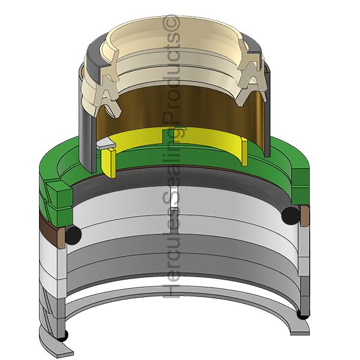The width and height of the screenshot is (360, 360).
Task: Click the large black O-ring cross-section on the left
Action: click(x=73, y=235)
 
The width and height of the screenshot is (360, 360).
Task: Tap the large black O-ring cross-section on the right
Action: click(x=290, y=215)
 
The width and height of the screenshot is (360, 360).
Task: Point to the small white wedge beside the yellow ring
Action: click(x=106, y=143)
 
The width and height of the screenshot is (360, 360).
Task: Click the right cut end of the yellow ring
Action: click(x=245, y=152)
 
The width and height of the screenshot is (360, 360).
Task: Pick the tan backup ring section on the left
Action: click(x=61, y=238)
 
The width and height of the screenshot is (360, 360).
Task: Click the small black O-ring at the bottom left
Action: click(x=63, y=336)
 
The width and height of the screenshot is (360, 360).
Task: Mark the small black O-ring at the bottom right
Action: click(x=303, y=315)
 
